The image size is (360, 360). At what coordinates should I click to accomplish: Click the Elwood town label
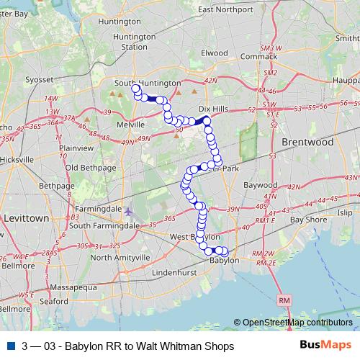214,53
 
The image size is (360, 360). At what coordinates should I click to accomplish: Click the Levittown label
25,217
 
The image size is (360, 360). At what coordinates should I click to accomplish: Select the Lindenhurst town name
180,274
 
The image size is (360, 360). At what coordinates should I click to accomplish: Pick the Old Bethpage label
87,168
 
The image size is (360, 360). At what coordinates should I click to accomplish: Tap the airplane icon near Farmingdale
129,212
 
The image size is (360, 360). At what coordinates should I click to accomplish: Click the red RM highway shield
284,299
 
